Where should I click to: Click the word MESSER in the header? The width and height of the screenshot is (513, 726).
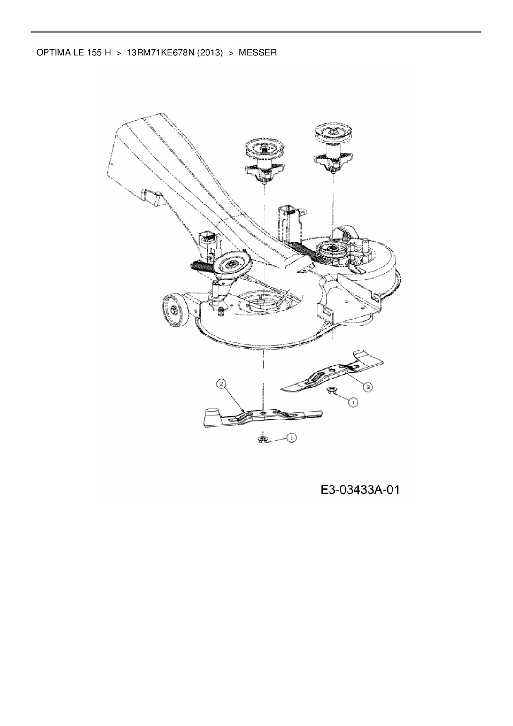pos(257,53)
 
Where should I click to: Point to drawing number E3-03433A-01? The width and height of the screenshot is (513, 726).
pos(360,490)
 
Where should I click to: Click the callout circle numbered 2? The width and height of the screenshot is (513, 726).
pos(222,385)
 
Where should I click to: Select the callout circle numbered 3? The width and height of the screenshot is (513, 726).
pos(367,387)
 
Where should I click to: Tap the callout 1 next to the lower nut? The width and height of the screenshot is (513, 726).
pos(291,438)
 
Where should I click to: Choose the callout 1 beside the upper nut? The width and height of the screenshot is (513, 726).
pos(352,401)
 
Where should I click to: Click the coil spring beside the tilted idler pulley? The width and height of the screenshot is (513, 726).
pos(201,266)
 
